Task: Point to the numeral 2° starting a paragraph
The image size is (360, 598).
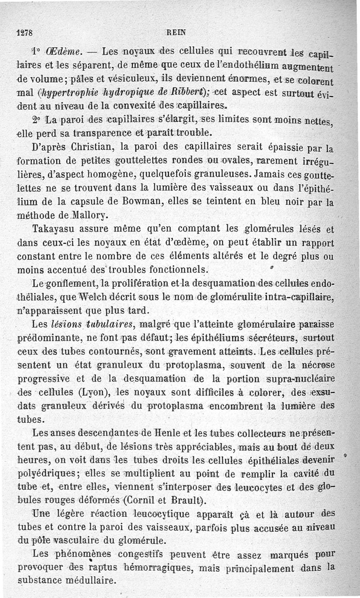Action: tap(36, 120)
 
